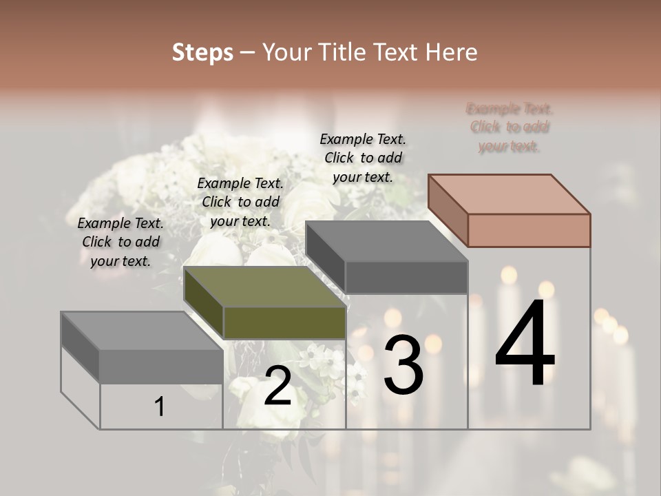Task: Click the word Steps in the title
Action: tap(202, 52)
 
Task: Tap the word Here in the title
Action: tap(451, 52)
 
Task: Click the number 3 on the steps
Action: tap(403, 364)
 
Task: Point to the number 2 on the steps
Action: tap(277, 386)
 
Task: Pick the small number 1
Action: tap(160, 407)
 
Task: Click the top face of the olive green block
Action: tap(265, 287)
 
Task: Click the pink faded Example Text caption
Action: tap(510, 127)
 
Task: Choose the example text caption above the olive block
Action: tap(240, 202)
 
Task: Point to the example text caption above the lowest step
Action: tap(120, 242)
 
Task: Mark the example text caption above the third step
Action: tap(363, 158)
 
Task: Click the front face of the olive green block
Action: tap(284, 323)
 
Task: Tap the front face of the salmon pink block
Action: tap(529, 230)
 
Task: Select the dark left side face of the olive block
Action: tap(204, 303)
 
